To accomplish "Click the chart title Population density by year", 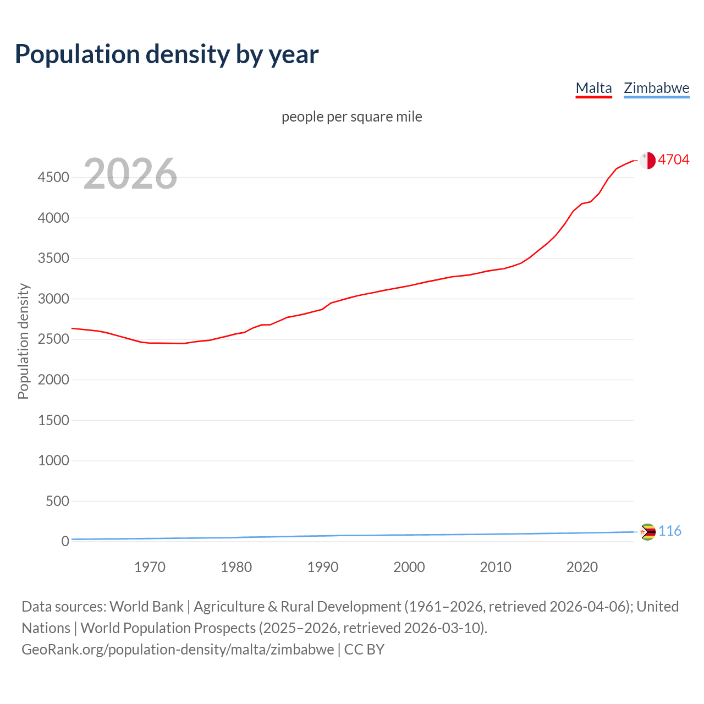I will (167, 54).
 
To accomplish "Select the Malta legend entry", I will (593, 88).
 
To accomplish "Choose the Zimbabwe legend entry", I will (656, 88).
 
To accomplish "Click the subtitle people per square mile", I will (351, 117).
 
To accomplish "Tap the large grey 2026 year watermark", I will (130, 174).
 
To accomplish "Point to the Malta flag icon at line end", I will (647, 160).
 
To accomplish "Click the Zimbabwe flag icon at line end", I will (648, 532).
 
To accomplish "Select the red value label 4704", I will (673, 159).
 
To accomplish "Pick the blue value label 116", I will (670, 531).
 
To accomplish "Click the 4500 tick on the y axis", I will (53, 177).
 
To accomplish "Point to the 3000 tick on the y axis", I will (53, 299).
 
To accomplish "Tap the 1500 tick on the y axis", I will (53, 420).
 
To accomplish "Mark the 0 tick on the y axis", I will (65, 541).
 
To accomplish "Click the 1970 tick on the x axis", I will (150, 567).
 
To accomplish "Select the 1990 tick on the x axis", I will (323, 567).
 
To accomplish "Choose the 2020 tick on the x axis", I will (582, 567).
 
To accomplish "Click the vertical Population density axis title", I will (23, 341).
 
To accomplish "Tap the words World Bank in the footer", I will (146, 607).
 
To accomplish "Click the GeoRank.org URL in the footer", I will (178, 650).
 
